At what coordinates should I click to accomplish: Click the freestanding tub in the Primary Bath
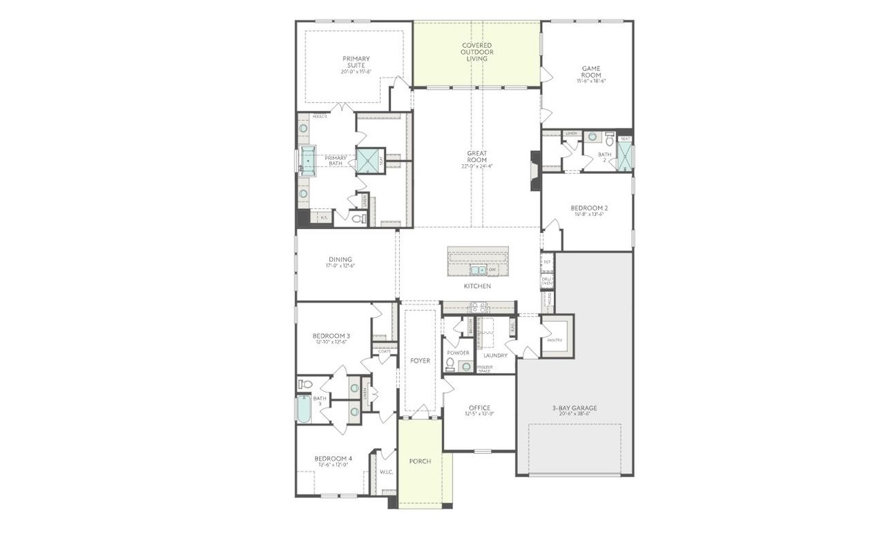pyautogui.click(x=307, y=161)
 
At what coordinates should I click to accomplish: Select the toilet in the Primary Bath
pyautogui.click(x=358, y=219)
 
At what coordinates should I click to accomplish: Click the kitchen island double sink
pyautogui.click(x=478, y=269)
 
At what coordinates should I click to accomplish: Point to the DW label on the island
pyautogui.click(x=492, y=270)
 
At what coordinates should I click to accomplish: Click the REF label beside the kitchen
pyautogui.click(x=547, y=262)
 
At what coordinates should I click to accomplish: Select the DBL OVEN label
pyautogui.click(x=547, y=280)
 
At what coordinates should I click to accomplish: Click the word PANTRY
pyautogui.click(x=555, y=340)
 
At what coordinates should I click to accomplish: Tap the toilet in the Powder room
pyautogui.click(x=450, y=364)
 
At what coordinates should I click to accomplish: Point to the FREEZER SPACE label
pyautogui.click(x=485, y=369)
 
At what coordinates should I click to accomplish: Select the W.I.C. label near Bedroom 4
pyautogui.click(x=386, y=473)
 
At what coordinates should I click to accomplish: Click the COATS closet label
pyautogui.click(x=385, y=351)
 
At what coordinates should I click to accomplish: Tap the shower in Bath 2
pyautogui.click(x=624, y=156)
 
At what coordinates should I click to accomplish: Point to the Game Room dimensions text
pyautogui.click(x=590, y=81)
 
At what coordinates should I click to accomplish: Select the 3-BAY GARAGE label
pyautogui.click(x=575, y=408)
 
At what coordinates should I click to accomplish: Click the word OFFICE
pyautogui.click(x=479, y=408)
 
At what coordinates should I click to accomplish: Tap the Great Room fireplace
pyautogui.click(x=535, y=170)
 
